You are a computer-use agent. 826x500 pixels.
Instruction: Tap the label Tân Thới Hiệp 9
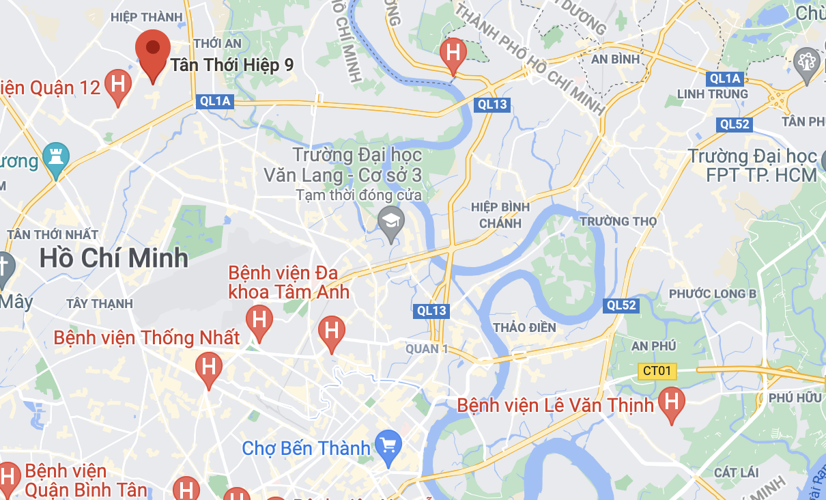(x=232, y=65)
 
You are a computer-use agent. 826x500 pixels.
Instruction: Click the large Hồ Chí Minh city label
(x=113, y=258)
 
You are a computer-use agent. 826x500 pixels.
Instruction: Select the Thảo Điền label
(x=524, y=327)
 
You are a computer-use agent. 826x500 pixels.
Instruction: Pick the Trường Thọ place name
(x=618, y=221)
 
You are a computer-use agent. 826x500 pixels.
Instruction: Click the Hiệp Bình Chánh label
(x=500, y=214)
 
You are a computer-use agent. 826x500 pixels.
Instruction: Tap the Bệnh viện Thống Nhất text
(x=147, y=337)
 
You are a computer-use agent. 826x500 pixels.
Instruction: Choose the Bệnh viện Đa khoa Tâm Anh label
(x=289, y=283)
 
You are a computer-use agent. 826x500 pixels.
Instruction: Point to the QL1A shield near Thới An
(x=215, y=102)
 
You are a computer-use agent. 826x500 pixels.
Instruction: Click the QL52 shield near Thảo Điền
(x=621, y=305)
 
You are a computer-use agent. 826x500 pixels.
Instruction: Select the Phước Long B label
(x=712, y=294)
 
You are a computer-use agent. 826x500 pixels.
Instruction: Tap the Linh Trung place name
(x=712, y=94)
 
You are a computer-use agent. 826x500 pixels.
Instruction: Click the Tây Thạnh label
(x=100, y=303)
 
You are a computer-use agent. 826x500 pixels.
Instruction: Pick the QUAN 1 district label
(x=427, y=349)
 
